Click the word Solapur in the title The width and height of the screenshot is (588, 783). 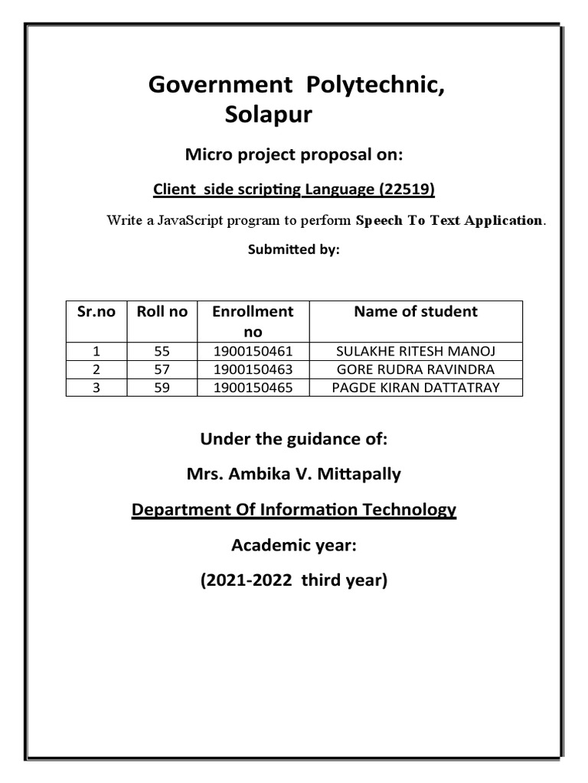[x=269, y=115]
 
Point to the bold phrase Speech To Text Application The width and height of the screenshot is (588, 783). [x=450, y=221]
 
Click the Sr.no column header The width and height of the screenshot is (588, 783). [x=96, y=312]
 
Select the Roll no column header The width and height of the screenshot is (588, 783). [x=162, y=312]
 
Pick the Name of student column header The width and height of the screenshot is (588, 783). [x=415, y=312]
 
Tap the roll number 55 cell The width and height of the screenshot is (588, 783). [x=162, y=352]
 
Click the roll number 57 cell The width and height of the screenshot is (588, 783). [x=162, y=369]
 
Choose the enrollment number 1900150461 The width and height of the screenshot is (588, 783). [x=253, y=352]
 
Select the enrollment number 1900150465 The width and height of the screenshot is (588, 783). [x=253, y=387]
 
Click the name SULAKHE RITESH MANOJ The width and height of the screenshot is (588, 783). [x=415, y=352]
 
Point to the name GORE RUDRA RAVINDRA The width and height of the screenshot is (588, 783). [x=415, y=369]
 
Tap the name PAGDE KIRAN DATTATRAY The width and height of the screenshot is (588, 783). [x=415, y=387]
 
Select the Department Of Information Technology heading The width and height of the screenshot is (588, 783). [x=293, y=509]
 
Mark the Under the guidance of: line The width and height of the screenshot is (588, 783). [x=293, y=439]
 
